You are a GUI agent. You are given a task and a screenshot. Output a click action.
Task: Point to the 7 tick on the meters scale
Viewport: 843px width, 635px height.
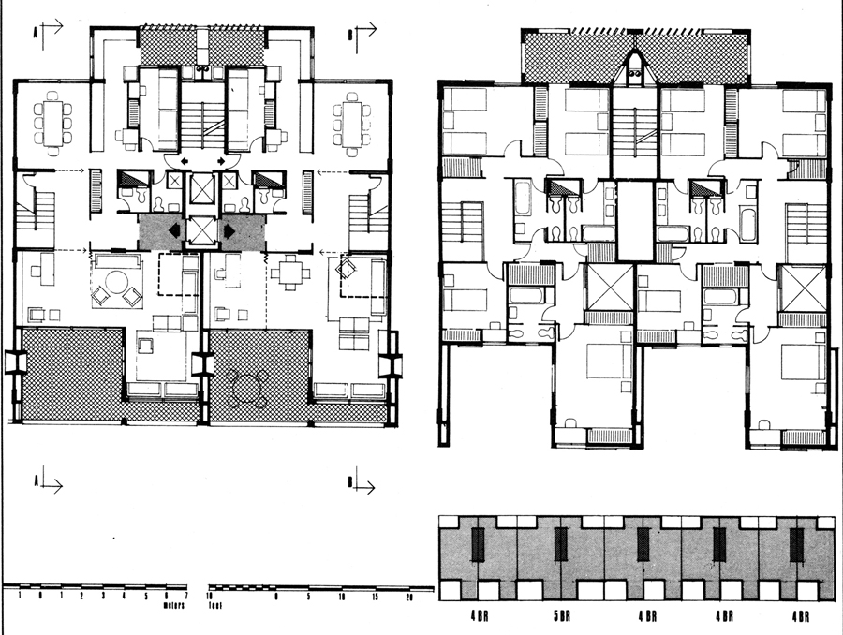click(187, 596)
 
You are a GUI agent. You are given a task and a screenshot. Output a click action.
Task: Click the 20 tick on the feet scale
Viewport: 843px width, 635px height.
click(408, 596)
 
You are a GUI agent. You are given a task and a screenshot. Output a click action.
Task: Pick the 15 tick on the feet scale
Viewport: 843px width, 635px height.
click(376, 596)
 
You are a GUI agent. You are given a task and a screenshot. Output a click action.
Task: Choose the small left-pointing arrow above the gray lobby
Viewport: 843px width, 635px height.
click(183, 161)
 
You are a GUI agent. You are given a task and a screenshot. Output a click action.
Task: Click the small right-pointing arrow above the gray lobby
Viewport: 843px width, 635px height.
click(222, 161)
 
